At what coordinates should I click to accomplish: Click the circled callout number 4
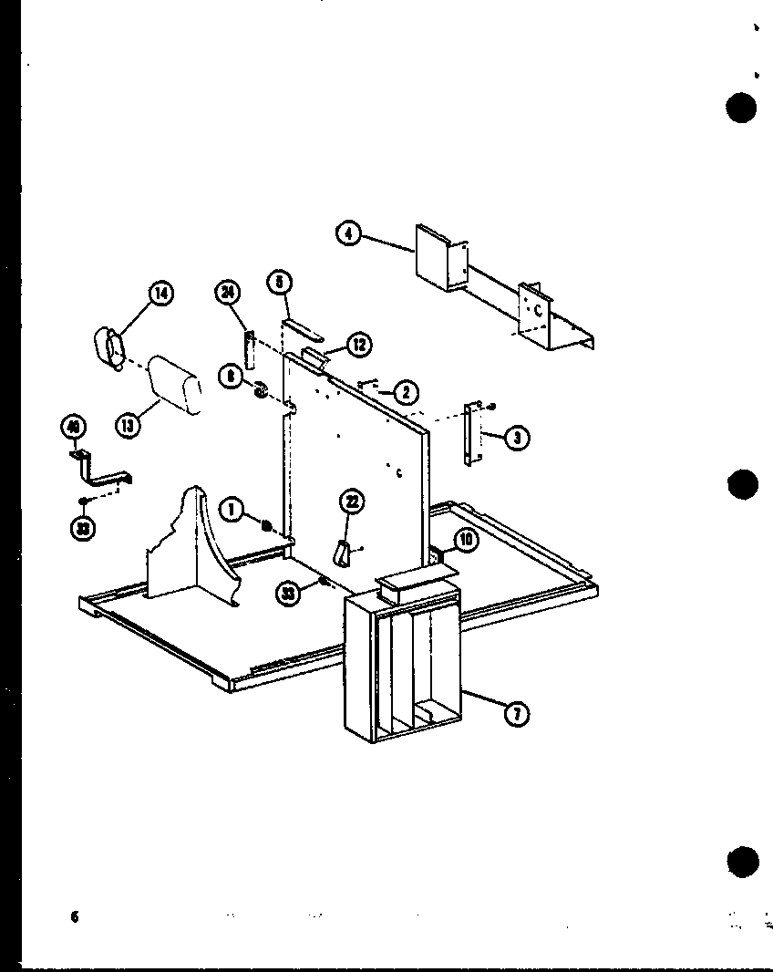[x=347, y=233]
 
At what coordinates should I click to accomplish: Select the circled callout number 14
[x=160, y=294]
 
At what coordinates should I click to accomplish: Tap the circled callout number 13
[x=129, y=425]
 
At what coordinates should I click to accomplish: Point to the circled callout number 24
[x=228, y=293]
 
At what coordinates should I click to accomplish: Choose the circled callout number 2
[x=405, y=393]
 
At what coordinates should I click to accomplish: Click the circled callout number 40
[x=74, y=426]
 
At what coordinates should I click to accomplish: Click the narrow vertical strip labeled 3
[x=470, y=435]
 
